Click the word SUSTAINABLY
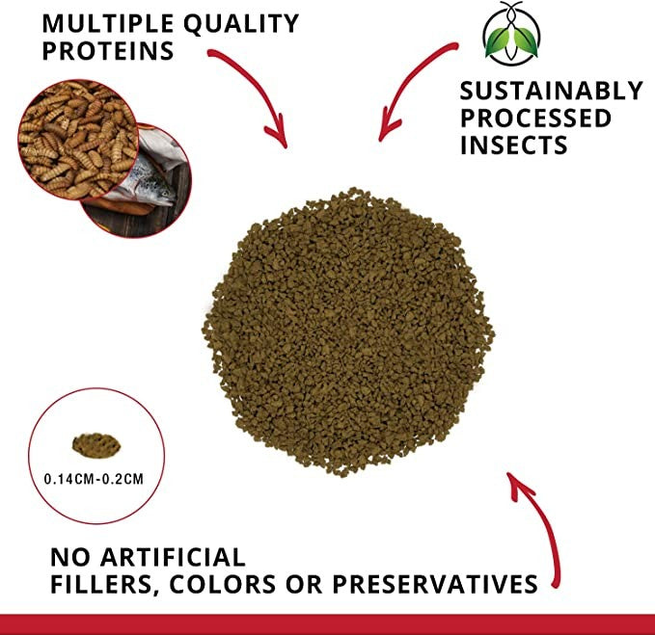pos(551,91)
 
